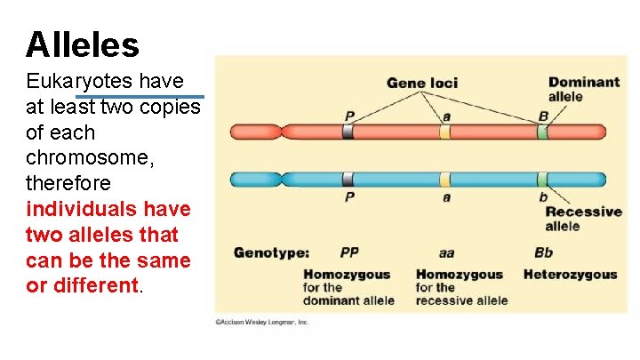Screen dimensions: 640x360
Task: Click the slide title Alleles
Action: (x=83, y=44)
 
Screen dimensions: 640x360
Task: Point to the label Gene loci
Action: (x=422, y=83)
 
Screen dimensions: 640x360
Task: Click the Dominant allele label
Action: (x=583, y=89)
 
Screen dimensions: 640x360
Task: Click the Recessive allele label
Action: (x=582, y=219)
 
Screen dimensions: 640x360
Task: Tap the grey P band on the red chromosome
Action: (x=348, y=132)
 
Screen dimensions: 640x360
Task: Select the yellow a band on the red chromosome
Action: (x=445, y=132)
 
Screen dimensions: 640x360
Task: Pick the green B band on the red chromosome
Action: (x=542, y=132)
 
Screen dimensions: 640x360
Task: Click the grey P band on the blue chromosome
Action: (x=348, y=179)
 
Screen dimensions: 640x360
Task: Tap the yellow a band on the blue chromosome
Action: (x=445, y=179)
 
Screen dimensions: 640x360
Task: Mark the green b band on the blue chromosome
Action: (x=542, y=179)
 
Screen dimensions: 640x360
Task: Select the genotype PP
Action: (x=349, y=253)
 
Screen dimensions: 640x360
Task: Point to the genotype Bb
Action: (x=543, y=253)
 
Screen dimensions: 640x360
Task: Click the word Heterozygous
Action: (x=570, y=275)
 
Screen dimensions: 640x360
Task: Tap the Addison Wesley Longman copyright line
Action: (x=260, y=322)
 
